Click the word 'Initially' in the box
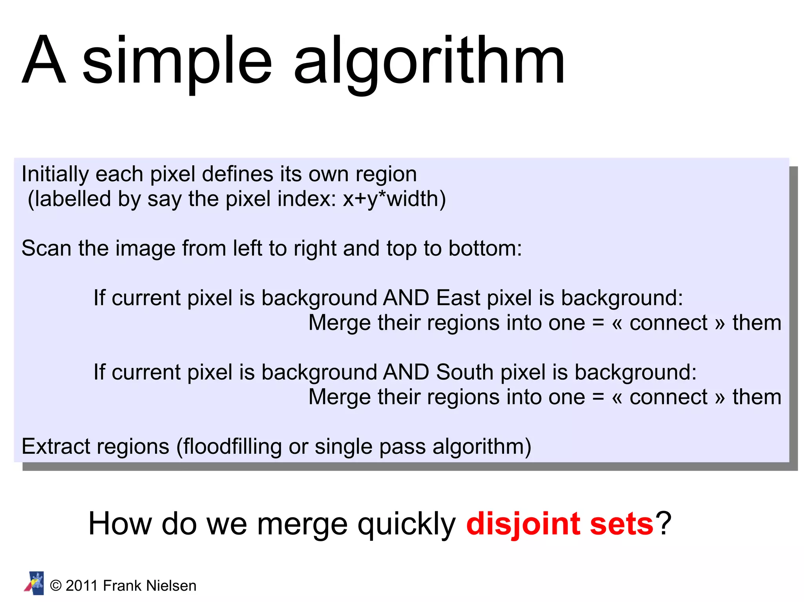coord(55,175)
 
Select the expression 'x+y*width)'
coord(394,199)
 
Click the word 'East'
coord(458,298)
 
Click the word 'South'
coord(465,372)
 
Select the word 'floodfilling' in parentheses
coord(233,446)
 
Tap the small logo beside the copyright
coord(34,584)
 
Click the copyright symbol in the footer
coord(56,586)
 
